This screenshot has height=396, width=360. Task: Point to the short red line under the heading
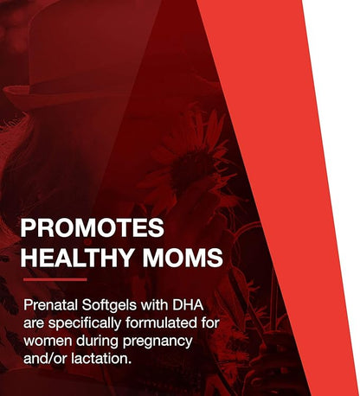(55, 279)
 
